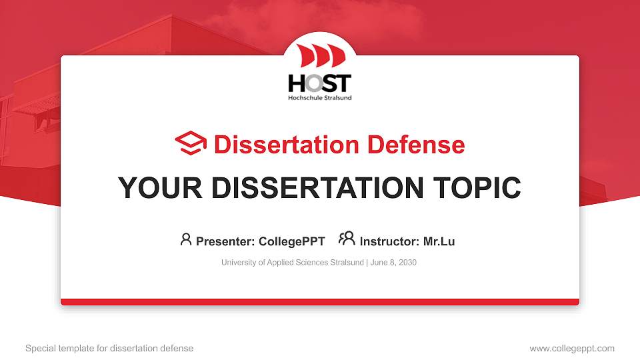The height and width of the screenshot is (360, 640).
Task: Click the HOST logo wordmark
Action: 319,83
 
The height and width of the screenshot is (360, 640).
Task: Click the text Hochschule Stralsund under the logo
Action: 319,98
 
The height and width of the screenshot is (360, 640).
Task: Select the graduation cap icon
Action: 191,144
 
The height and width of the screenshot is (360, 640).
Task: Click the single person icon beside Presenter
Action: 186,239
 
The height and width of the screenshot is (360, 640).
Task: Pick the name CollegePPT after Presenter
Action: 291,241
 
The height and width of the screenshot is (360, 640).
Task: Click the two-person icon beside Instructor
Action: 347,239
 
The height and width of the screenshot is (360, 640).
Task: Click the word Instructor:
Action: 389,241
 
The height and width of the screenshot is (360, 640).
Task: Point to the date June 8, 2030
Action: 393,263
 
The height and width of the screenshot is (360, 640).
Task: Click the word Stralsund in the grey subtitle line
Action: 347,263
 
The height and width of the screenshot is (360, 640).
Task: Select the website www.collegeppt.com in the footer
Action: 571,348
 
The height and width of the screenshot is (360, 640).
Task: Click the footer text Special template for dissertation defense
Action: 109,348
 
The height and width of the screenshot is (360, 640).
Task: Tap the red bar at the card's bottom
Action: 319,302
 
